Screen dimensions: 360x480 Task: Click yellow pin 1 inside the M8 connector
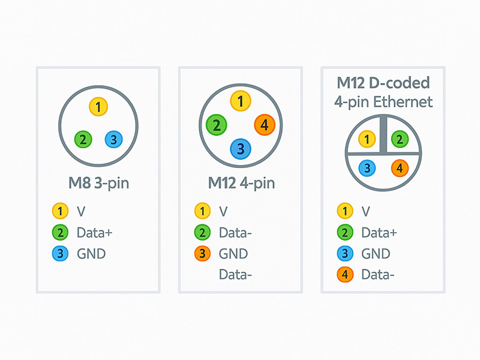point(98,107)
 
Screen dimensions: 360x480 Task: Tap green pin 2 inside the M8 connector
point(83,139)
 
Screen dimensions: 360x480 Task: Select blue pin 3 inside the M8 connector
point(113,139)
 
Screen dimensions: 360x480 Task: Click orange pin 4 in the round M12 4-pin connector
point(265,125)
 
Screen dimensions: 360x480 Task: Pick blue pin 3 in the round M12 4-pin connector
point(240,148)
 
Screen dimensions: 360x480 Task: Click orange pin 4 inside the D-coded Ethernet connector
point(400,169)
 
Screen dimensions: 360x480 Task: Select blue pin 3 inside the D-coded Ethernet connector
point(367,169)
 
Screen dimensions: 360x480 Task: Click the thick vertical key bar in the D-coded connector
point(383,134)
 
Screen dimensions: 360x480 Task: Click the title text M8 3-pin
point(98,183)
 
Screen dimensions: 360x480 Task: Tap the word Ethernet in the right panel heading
point(403,101)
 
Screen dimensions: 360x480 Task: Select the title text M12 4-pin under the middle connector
point(241,183)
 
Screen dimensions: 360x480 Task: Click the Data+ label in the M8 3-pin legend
point(95,232)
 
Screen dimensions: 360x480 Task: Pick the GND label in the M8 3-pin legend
point(91,254)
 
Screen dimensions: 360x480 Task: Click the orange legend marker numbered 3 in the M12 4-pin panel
point(202,254)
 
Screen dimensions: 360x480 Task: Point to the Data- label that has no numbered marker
point(235,275)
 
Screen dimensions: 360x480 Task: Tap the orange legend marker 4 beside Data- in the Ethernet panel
point(344,275)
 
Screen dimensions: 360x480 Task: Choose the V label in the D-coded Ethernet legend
point(365,211)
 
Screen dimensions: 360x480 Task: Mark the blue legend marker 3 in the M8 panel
point(60,254)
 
